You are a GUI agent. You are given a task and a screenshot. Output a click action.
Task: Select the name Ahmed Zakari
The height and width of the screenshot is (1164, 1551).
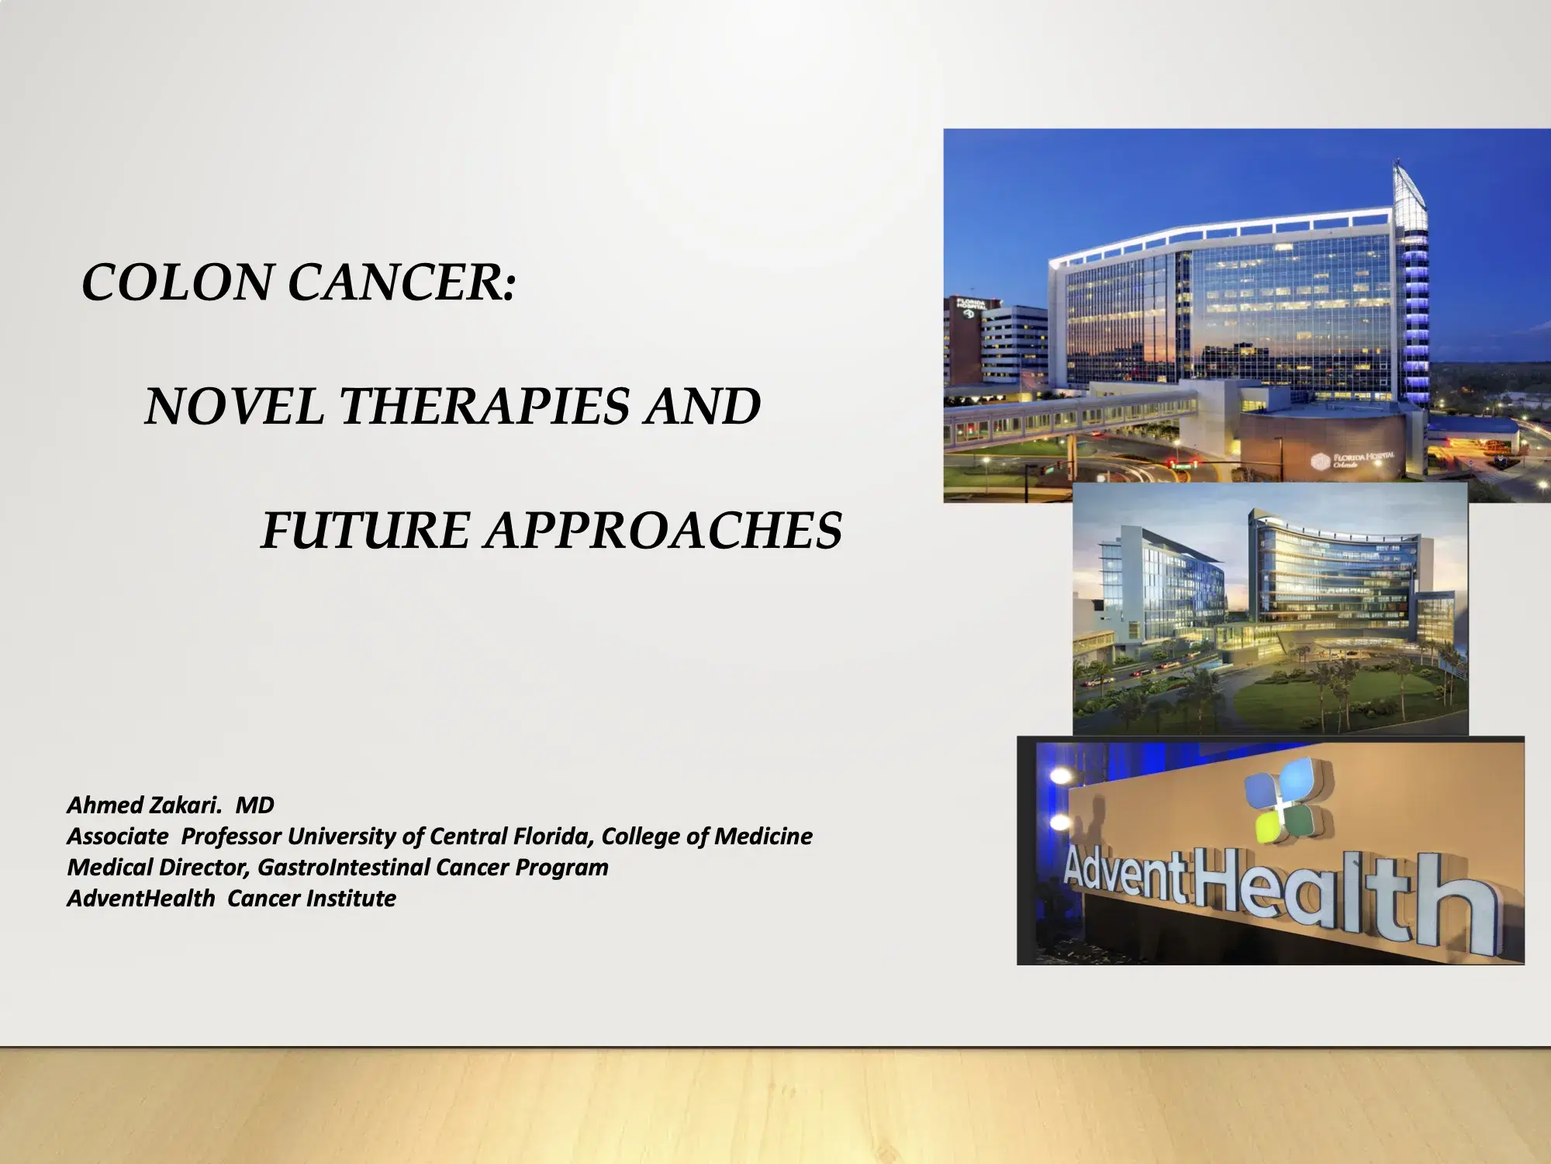[x=143, y=805]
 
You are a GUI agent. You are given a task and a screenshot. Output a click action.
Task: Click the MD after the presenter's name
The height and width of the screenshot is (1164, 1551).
[x=254, y=805]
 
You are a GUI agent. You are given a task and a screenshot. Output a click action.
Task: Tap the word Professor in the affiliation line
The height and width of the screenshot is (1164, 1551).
[x=231, y=836]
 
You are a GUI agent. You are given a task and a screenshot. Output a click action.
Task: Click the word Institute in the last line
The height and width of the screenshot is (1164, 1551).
[x=351, y=898]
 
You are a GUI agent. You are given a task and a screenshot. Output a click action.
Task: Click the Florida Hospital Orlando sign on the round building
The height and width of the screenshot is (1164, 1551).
[x=1353, y=460]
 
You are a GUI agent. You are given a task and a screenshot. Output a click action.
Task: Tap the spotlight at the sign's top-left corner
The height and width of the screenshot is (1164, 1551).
[x=1059, y=774]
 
